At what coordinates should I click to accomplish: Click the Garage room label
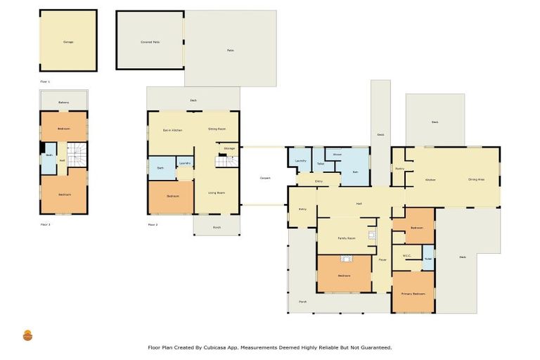[68, 42]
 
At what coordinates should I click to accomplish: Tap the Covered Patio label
[150, 42]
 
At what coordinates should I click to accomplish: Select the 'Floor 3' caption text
[46, 225]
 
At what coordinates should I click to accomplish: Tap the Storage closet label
[229, 148]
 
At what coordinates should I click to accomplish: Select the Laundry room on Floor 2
[185, 164]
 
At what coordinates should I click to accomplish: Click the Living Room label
[216, 192]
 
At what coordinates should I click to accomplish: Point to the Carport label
[264, 178]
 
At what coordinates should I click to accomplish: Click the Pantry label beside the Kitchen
[399, 169]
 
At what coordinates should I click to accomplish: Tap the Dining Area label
[477, 180]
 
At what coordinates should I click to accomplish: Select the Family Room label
[346, 238]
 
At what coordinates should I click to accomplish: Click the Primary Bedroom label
[413, 293]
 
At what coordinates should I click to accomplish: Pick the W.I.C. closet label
[406, 256]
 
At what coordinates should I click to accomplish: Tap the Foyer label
[382, 260]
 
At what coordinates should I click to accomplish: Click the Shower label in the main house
[337, 154]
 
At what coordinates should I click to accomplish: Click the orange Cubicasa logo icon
[28, 336]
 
